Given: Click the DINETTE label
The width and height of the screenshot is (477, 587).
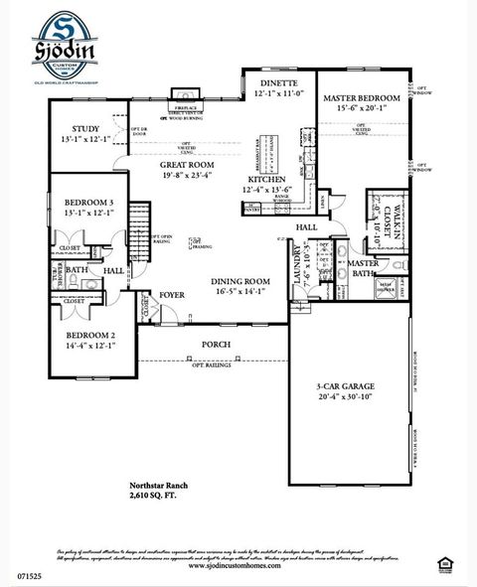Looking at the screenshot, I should pos(279,85).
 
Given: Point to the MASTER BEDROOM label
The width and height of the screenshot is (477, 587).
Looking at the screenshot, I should pos(362,98).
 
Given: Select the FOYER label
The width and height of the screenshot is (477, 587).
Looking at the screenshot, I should pos(172,295).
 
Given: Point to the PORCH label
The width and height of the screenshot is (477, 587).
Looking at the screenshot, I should pos(217,345).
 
